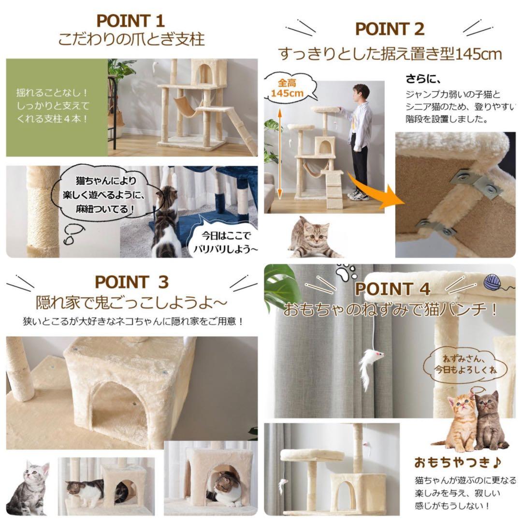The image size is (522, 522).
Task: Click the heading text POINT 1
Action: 130,21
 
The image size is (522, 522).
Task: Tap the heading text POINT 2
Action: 390,29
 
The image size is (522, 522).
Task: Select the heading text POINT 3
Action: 132,282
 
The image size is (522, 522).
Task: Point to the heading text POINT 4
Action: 392,289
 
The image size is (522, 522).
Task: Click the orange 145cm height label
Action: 287,88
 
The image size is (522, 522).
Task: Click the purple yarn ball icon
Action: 493,283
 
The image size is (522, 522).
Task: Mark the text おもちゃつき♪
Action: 458,462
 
